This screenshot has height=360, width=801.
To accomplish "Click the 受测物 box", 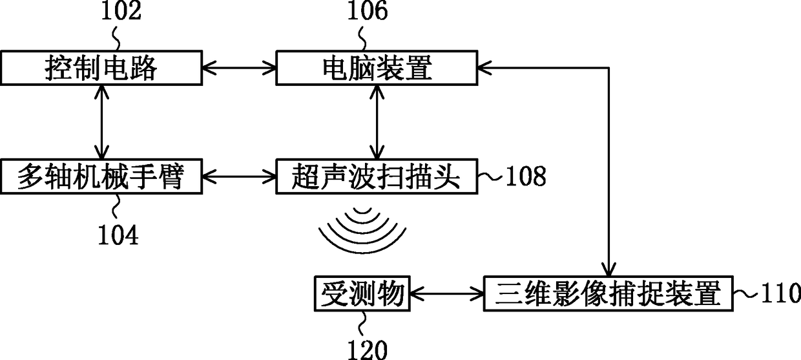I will (362, 294).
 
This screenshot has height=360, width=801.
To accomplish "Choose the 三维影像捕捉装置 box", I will (609, 294).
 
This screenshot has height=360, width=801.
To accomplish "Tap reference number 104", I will (118, 235).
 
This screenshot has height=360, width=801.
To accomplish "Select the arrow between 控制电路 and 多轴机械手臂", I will (100, 122).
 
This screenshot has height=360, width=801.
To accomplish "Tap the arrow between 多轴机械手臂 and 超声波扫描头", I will (238, 175).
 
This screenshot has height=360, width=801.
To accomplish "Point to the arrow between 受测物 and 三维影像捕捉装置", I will (447, 295).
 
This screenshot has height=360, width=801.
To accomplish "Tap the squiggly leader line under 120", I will (362, 323).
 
